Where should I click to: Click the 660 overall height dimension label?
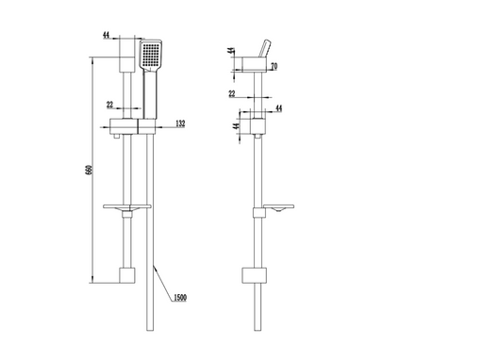point(89,170)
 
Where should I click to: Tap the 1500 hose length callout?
point(180,298)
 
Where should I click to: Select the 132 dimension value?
point(180,123)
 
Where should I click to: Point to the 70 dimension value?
point(274,66)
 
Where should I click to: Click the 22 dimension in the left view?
point(109,105)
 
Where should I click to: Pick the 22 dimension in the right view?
point(232,93)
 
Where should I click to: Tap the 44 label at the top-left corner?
point(107,35)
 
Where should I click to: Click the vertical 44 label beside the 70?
point(231,51)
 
